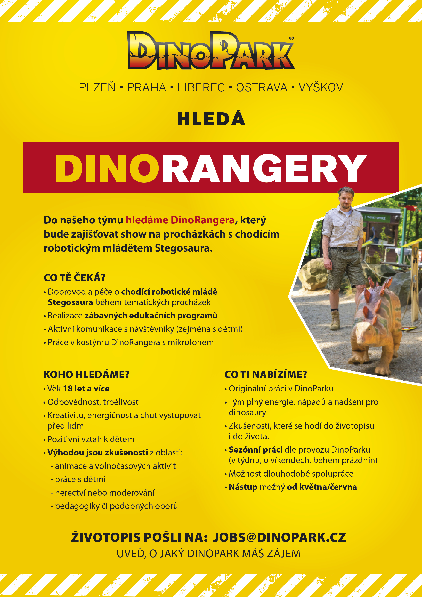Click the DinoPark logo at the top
click(211, 51)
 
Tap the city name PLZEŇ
click(97, 88)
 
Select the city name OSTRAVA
click(262, 88)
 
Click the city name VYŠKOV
click(321, 88)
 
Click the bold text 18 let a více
click(86, 389)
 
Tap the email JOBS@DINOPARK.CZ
click(279, 537)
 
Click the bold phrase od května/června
click(322, 487)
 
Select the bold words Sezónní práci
click(255, 450)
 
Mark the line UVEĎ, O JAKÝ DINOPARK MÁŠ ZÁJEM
click(208, 554)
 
